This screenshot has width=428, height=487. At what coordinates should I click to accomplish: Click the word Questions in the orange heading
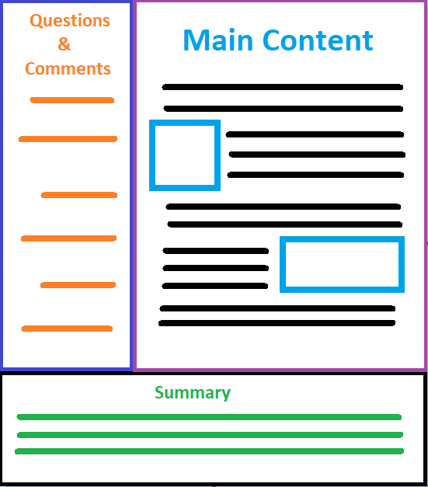(x=70, y=21)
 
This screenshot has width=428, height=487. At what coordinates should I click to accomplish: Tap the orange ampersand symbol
(x=64, y=43)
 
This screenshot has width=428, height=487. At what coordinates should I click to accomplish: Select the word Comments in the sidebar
(x=68, y=68)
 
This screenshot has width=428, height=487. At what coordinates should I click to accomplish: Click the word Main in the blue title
(x=218, y=40)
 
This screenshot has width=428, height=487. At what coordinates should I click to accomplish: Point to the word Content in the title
(x=318, y=40)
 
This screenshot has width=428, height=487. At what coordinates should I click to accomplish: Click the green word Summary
(x=193, y=393)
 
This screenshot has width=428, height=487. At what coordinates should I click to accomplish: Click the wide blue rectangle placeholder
(x=342, y=239)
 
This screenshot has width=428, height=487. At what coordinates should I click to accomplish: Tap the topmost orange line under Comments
(x=72, y=100)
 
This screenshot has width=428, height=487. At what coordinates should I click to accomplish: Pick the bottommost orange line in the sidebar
(x=67, y=329)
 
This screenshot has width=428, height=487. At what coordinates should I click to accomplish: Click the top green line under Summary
(x=209, y=417)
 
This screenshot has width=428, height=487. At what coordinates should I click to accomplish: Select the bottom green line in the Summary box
(x=210, y=451)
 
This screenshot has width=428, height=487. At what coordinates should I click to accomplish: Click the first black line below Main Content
(x=283, y=87)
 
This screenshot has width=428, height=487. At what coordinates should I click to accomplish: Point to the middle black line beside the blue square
(x=317, y=155)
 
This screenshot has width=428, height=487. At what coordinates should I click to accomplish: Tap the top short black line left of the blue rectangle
(x=215, y=251)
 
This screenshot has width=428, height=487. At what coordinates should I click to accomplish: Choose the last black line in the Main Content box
(x=277, y=323)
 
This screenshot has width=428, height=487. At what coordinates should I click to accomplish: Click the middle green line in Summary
(x=210, y=434)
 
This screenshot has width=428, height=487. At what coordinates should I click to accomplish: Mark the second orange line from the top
(x=68, y=139)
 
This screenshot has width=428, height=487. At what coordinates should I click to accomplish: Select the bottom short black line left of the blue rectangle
(x=215, y=286)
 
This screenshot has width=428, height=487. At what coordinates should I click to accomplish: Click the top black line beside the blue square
(x=315, y=134)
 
